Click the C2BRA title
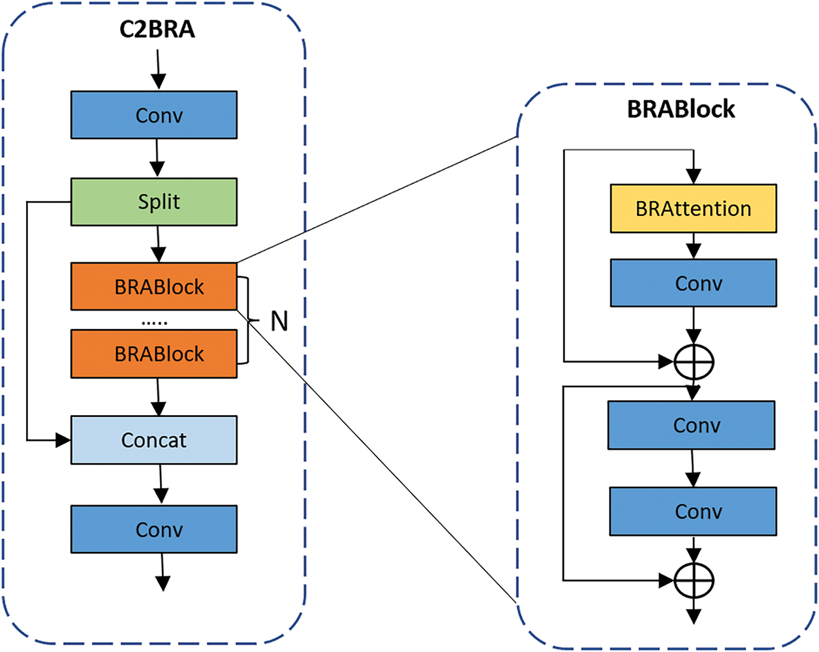pyautogui.click(x=157, y=29)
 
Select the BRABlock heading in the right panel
pyautogui.click(x=681, y=109)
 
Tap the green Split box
pyautogui.click(x=154, y=202)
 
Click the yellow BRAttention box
pyautogui.click(x=693, y=209)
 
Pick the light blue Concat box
pyautogui.click(x=154, y=440)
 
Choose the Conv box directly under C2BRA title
pyautogui.click(x=154, y=115)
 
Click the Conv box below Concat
pyautogui.click(x=154, y=529)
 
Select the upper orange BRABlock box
pyautogui.click(x=154, y=287)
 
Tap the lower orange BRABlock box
pyautogui.click(x=154, y=354)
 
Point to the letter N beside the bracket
pyautogui.click(x=279, y=321)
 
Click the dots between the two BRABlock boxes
pyautogui.click(x=155, y=322)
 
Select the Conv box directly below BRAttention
pyautogui.click(x=693, y=283)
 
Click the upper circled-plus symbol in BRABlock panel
pyautogui.click(x=694, y=361)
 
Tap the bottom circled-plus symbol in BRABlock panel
pyautogui.click(x=694, y=580)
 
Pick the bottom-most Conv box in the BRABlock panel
pyautogui.click(x=693, y=511)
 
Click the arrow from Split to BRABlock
pyautogui.click(x=157, y=244)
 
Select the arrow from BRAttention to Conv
pyautogui.click(x=694, y=246)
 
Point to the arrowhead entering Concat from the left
pyautogui.click(x=63, y=441)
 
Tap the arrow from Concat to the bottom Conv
pyautogui.click(x=161, y=484)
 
